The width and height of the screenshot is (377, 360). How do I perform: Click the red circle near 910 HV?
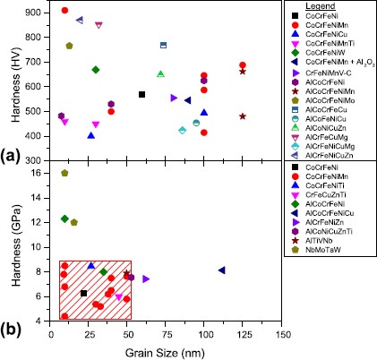(64, 11)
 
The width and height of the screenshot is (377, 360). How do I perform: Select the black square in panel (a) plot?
(141, 94)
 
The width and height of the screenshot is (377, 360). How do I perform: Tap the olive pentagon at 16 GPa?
(64, 173)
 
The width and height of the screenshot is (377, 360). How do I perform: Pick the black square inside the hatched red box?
(84, 293)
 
